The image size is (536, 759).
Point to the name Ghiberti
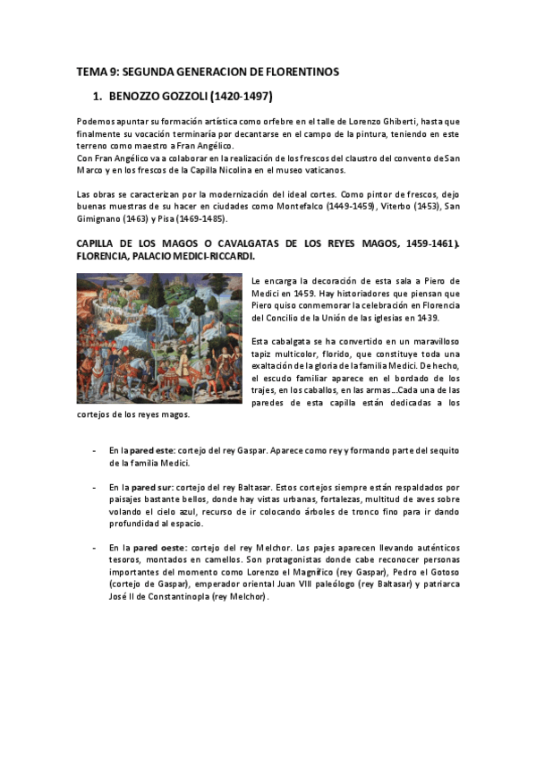(x=397, y=121)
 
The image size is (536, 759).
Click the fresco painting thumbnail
(x=159, y=339)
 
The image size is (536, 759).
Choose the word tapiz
(x=266, y=354)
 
